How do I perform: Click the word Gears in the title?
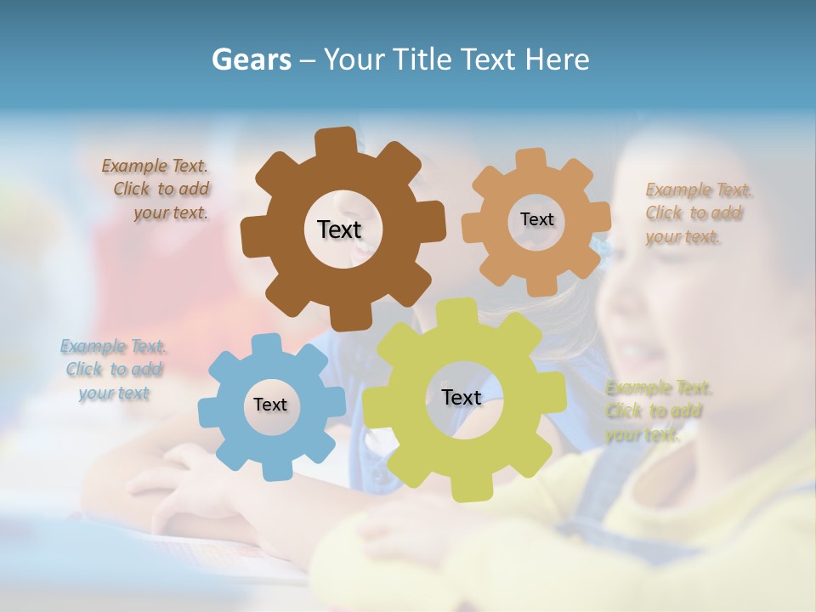pyautogui.click(x=252, y=59)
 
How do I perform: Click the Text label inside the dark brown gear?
pyautogui.click(x=339, y=229)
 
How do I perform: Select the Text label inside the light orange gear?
pyautogui.click(x=536, y=219)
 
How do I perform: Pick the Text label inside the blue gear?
pyautogui.click(x=270, y=405)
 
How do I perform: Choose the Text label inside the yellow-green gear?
pyautogui.click(x=462, y=397)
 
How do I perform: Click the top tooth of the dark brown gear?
pyautogui.click(x=336, y=142)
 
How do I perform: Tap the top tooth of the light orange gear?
pyautogui.click(x=530, y=159)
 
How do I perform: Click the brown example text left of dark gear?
pyautogui.click(x=156, y=190)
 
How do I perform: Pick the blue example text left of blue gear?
pyautogui.click(x=114, y=370)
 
